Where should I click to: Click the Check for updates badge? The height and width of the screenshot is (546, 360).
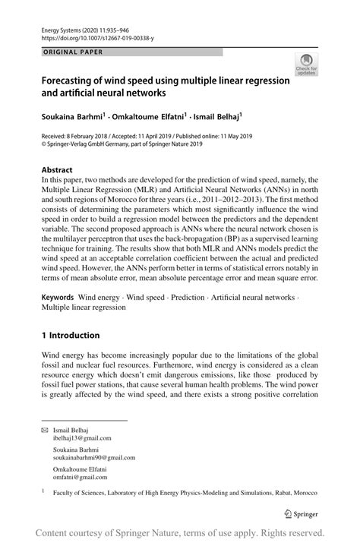(x=307, y=65)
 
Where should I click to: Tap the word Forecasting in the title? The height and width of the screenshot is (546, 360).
(x=72, y=81)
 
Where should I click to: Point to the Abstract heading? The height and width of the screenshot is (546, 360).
(x=57, y=169)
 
